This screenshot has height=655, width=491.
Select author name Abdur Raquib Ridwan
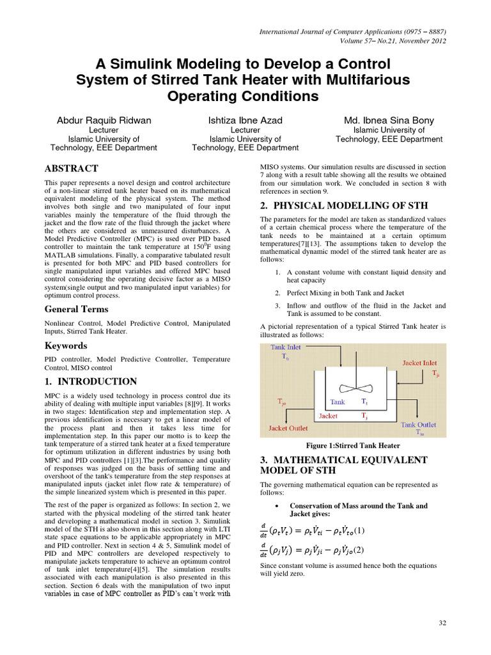104,120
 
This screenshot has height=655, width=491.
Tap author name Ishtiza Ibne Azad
245,120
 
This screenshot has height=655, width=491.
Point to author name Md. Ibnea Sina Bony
389,120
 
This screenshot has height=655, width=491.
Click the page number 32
441,623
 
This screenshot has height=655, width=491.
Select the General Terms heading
76,310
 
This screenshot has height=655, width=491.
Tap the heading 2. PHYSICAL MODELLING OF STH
338,205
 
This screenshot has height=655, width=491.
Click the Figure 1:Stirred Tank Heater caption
354,445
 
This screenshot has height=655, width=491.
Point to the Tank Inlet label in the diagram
286,347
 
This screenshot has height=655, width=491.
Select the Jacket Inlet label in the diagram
420,363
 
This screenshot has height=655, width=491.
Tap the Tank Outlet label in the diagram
419,424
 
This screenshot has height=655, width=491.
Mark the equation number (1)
360,530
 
